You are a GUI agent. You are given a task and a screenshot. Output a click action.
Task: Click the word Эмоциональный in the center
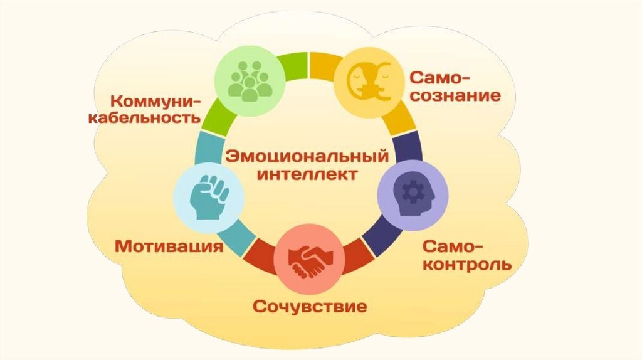[307, 154]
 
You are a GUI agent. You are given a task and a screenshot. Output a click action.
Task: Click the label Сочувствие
[310, 307]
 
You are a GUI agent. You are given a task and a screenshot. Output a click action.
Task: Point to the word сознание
[455, 96]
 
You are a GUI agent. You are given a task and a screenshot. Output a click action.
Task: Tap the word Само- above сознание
[440, 78]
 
